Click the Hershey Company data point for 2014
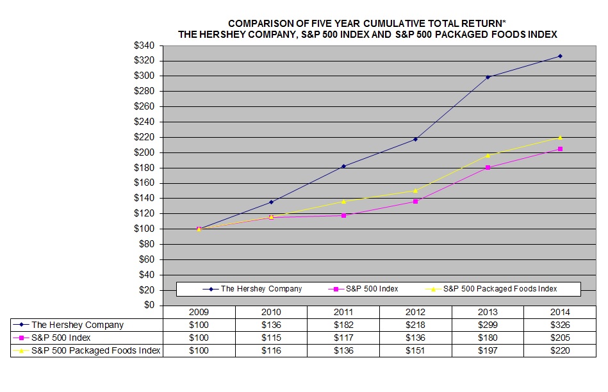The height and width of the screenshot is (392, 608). point(560,56)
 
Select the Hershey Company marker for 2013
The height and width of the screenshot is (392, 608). point(488,77)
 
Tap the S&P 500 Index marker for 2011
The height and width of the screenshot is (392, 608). point(343,216)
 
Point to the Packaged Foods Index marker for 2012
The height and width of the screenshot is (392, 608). point(416,190)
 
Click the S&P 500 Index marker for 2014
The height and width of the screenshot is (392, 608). point(560,149)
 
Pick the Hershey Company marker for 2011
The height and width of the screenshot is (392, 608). point(343,167)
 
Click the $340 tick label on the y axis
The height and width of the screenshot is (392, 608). point(145,45)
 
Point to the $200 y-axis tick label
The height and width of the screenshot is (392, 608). point(145,152)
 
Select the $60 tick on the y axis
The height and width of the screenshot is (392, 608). point(147,259)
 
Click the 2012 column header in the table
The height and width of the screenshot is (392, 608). point(416,312)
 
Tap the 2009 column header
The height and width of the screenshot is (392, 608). point(199,312)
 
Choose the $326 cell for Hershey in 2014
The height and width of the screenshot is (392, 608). point(560,325)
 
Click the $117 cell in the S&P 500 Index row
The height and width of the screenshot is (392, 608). point(343,338)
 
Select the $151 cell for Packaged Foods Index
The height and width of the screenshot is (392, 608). point(416,350)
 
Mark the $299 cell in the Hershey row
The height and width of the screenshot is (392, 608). point(488,325)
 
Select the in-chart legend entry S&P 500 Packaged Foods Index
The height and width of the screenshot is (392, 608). point(500,289)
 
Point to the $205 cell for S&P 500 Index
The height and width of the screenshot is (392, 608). point(560,338)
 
